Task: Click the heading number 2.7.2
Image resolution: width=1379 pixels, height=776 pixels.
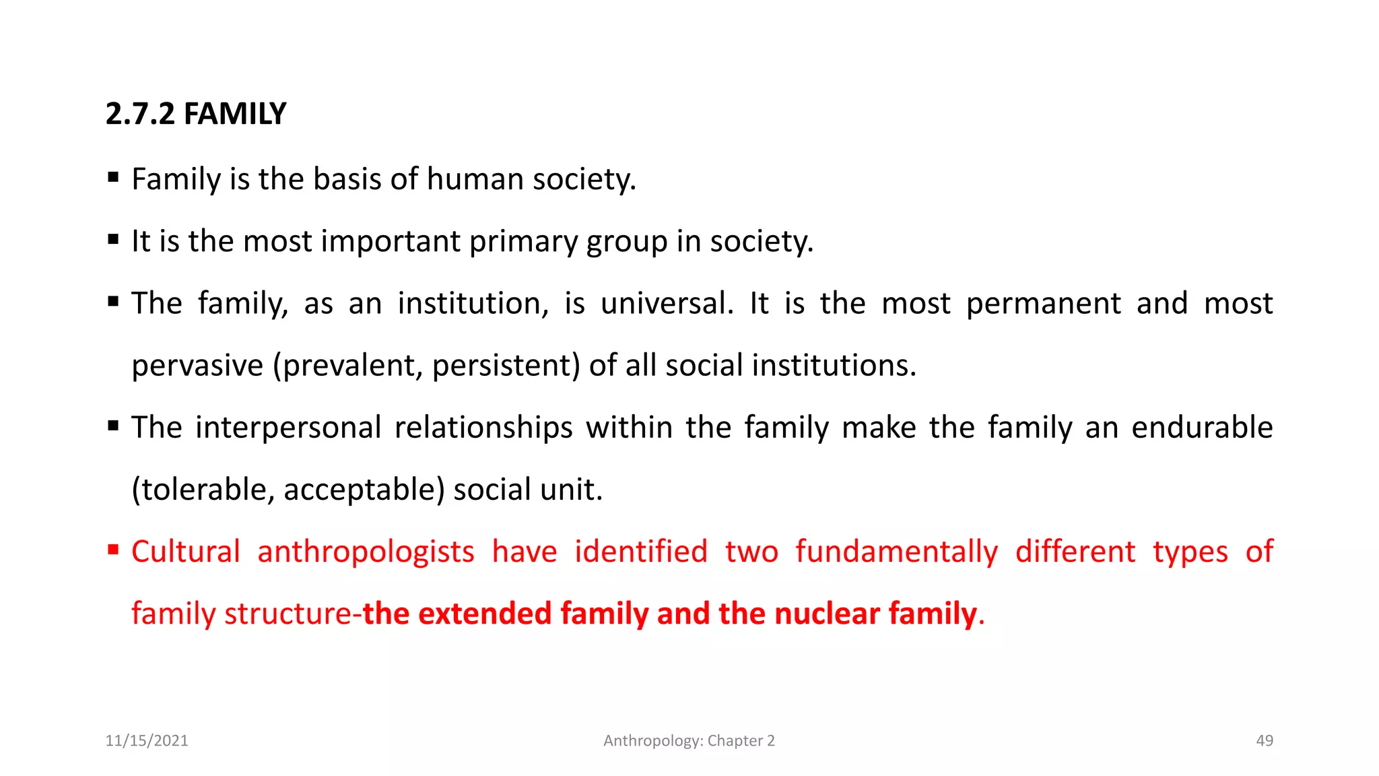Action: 140,114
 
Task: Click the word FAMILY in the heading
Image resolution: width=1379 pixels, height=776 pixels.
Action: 235,114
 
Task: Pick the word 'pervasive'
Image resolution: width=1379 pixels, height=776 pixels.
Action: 197,366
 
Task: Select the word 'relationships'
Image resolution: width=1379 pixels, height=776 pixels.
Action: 483,428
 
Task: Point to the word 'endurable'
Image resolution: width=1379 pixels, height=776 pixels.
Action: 1202,428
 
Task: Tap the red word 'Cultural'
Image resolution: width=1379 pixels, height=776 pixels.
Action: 186,552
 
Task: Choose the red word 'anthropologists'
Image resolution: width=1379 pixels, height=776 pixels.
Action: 366,552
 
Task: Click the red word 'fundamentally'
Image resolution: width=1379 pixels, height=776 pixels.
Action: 897,552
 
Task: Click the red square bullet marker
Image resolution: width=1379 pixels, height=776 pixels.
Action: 113,550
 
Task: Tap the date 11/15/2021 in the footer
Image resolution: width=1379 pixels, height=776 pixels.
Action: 147,741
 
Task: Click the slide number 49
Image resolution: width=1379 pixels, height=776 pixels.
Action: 1265,741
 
